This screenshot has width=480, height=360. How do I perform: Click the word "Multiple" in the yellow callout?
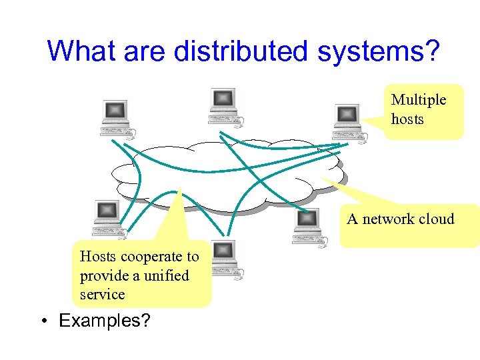(419, 100)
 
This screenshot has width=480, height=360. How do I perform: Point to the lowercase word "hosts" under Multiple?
(407, 119)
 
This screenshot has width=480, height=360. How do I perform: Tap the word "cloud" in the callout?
(436, 219)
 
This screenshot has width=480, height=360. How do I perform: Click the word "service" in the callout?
(102, 294)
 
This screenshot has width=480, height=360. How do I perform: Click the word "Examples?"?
(105, 321)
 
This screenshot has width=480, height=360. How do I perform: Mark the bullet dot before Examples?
(42, 321)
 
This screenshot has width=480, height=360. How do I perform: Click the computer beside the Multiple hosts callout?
(348, 123)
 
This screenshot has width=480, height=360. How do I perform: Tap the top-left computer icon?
(116, 117)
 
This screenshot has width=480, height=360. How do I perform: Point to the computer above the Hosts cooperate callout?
(108, 219)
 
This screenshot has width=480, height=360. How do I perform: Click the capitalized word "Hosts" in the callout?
(98, 257)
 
